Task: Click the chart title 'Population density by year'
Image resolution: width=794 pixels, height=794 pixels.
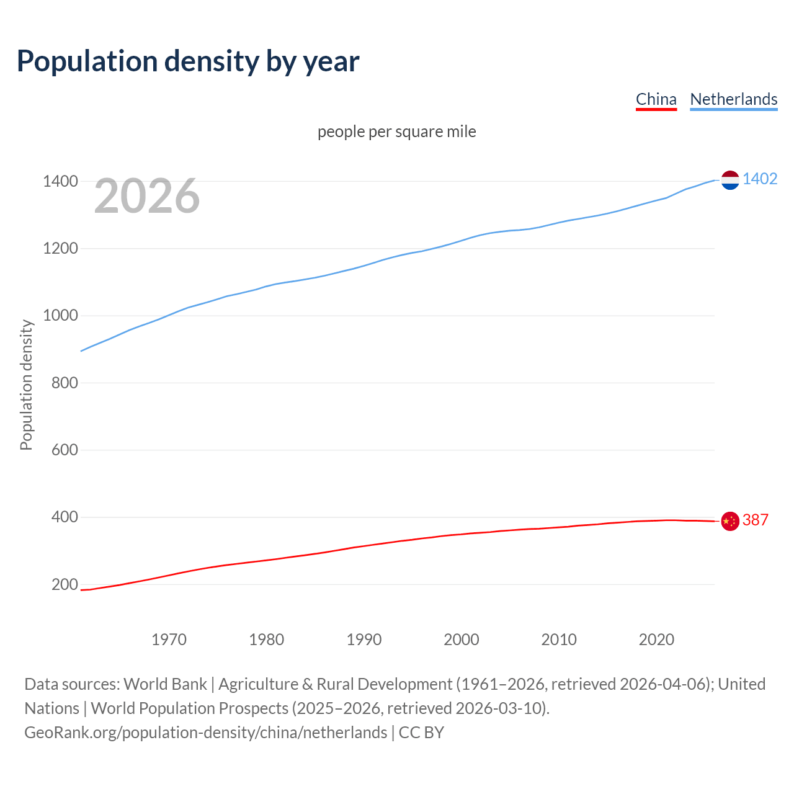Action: pos(188,61)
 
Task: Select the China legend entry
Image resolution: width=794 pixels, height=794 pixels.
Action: pos(656,99)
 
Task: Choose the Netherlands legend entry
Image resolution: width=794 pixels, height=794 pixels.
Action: pos(733,99)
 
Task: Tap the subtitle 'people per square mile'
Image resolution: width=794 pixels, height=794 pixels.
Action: pos(396,132)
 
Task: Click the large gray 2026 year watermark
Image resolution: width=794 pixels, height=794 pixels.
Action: pos(147,196)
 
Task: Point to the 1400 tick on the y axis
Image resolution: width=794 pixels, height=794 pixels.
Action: pos(60,182)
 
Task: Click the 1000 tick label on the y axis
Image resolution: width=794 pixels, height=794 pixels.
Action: pos(60,316)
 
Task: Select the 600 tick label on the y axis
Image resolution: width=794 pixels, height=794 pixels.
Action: pos(65,450)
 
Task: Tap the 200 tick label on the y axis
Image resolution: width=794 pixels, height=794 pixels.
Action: pos(65,584)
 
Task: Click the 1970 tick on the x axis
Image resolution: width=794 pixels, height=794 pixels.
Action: pos(169,640)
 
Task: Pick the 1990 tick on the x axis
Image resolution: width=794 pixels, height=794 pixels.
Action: pos(364,640)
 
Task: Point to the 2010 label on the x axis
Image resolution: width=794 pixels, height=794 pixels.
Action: pos(559,640)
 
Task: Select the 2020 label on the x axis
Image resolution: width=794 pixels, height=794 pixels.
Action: pos(656,640)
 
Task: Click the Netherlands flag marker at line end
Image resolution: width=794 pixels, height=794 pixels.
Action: pos(730,180)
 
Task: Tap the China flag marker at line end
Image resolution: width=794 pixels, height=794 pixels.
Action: pos(730,521)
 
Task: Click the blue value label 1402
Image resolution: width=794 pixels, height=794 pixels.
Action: pos(759,179)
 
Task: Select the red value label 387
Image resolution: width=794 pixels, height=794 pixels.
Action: pos(755,520)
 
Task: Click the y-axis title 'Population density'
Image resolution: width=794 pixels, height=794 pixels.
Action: pos(26,385)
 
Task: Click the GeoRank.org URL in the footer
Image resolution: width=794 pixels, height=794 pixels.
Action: pos(205,733)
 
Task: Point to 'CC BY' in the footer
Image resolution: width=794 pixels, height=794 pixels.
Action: pos(421,733)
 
